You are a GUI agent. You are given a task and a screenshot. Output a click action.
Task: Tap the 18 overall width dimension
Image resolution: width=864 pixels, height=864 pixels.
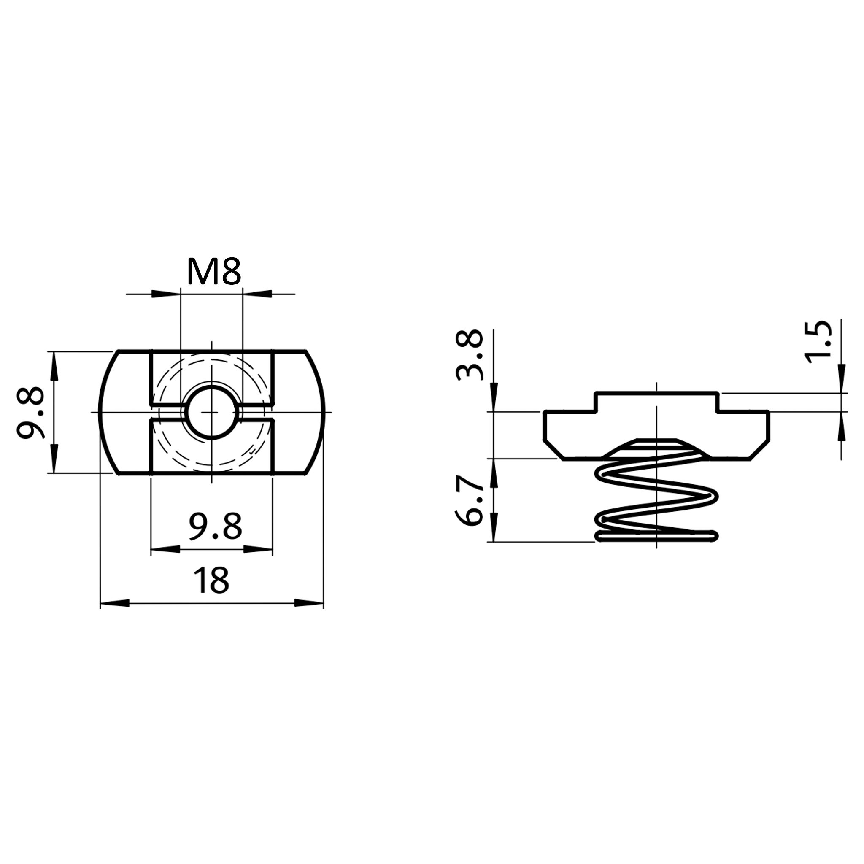click(x=211, y=580)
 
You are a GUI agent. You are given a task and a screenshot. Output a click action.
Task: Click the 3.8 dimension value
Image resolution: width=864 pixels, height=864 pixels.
click(x=470, y=356)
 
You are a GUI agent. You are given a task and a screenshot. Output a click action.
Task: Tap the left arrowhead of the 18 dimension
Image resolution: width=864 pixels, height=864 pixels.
click(x=114, y=603)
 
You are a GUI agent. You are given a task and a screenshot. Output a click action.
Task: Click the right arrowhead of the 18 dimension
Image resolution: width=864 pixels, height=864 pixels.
click(x=309, y=603)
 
